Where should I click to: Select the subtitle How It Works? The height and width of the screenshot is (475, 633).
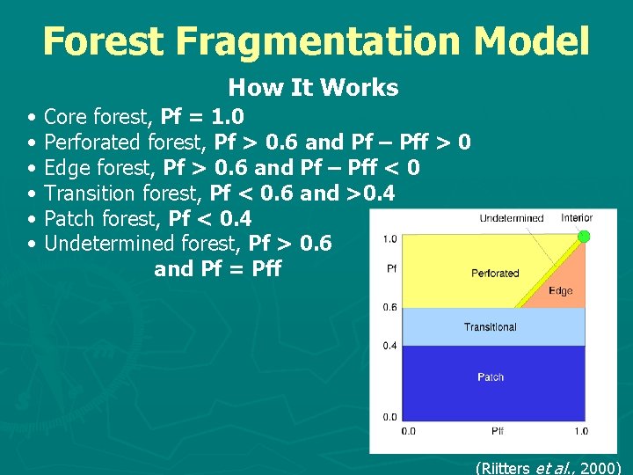(313, 88)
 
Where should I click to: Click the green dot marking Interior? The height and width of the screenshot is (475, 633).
(582, 236)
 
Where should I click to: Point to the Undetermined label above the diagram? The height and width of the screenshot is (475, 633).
(511, 218)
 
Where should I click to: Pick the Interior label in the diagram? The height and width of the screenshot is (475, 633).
(577, 217)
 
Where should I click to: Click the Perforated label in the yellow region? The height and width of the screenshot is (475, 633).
(495, 274)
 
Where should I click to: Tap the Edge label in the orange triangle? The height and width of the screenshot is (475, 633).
(560, 291)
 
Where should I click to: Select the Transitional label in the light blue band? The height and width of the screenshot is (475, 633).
(490, 327)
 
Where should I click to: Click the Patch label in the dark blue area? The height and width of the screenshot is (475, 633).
(491, 377)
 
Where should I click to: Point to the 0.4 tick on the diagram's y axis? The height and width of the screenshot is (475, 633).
(389, 346)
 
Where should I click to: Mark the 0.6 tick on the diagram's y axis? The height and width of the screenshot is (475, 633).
(389, 308)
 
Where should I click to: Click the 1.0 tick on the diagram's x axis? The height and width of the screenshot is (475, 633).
(580, 431)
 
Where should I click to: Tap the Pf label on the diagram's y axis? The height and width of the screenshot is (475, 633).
(390, 268)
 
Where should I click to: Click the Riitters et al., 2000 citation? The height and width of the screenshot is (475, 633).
(548, 467)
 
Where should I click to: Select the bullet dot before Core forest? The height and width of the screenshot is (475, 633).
(32, 117)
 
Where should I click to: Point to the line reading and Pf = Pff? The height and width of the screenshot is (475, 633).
(217, 269)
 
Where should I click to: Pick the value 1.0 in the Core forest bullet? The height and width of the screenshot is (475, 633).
(228, 116)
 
